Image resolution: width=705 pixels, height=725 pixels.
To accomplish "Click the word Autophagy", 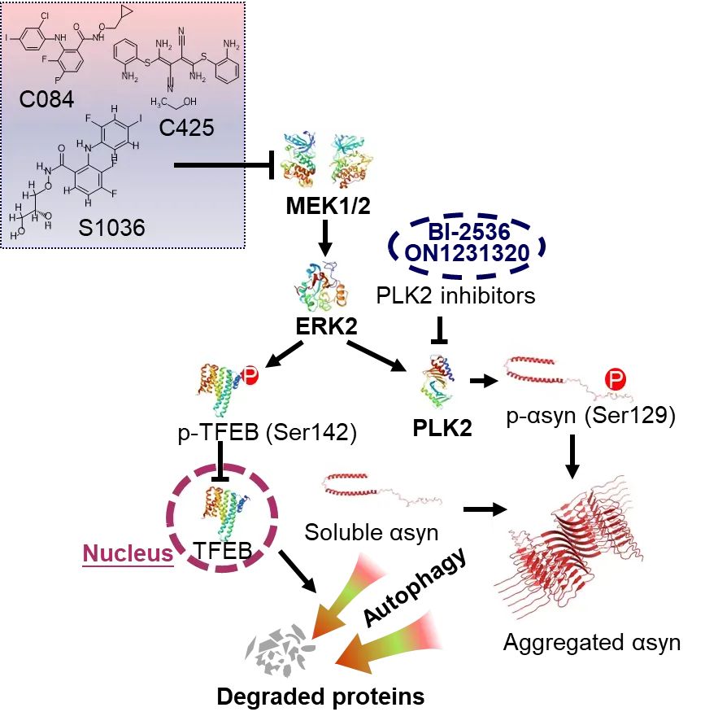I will [x=415, y=588].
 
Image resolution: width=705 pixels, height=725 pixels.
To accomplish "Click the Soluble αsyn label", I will [x=371, y=533].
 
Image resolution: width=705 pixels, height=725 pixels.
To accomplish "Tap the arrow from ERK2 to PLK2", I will [x=381, y=358].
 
